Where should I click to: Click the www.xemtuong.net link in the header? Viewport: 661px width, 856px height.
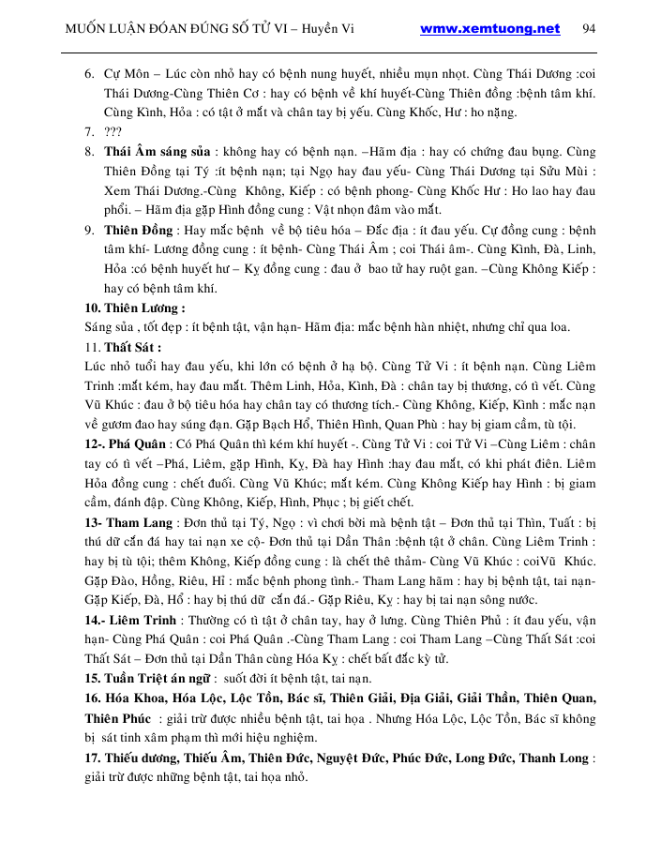[x=489, y=28]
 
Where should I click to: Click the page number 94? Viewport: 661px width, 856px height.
[x=589, y=28]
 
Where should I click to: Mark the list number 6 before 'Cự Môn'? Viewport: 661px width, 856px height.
[x=88, y=73]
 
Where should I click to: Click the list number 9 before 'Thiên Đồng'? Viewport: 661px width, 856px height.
[x=88, y=229]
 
